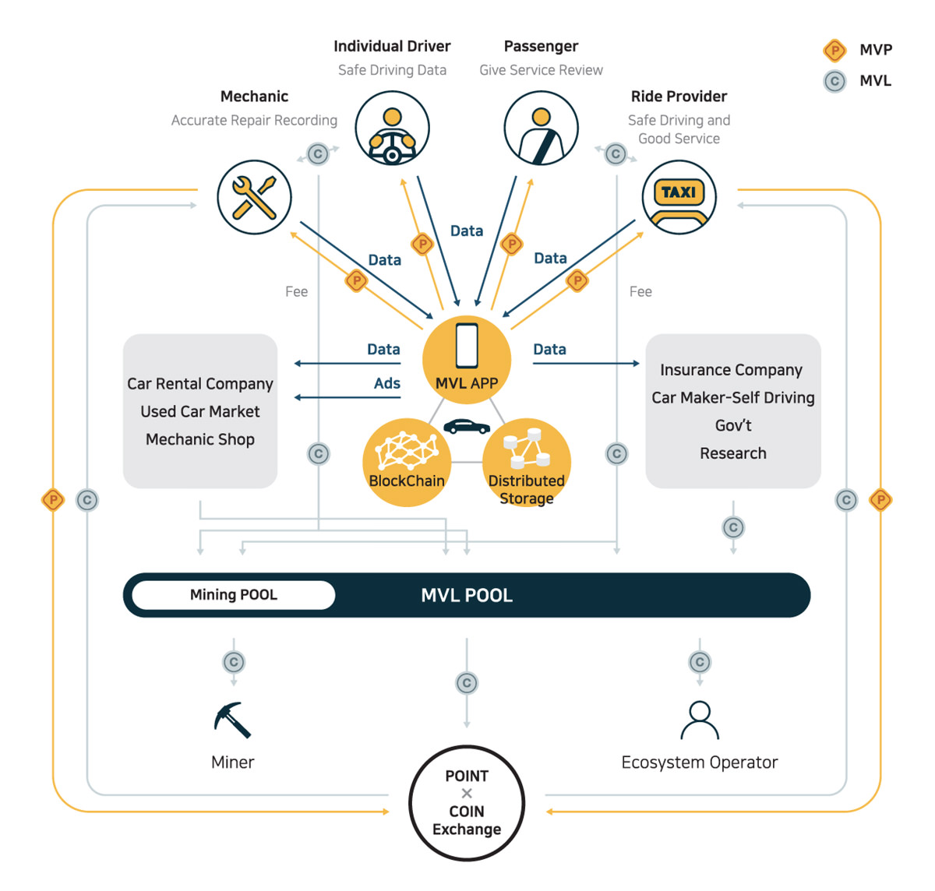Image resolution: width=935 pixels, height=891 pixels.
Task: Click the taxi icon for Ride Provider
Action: pos(679,197)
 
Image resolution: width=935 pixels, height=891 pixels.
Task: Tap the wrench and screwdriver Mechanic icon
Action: pos(254,197)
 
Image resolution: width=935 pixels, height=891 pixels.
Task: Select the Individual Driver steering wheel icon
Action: pos(392,128)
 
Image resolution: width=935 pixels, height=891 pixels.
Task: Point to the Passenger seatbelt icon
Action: pos(541,128)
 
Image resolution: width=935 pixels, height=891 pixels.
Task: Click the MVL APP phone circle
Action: pos(467,360)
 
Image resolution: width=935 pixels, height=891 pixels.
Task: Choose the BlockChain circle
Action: pos(407,462)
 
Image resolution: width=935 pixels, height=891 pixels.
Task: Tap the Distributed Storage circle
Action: pos(527,462)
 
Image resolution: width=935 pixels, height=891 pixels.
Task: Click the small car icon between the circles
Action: pos(467,426)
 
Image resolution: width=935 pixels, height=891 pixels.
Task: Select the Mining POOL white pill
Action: pos(233,594)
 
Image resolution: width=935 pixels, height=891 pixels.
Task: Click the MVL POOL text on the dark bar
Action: pos(467,595)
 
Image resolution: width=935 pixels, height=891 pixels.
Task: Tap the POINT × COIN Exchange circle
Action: pos(467,802)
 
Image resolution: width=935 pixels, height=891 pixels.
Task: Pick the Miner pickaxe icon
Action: pos(232,720)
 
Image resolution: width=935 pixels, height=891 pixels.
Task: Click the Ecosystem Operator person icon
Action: pos(699,720)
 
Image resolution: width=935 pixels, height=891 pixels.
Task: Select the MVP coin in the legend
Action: pos(834,51)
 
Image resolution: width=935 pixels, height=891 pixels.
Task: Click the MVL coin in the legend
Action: pos(834,81)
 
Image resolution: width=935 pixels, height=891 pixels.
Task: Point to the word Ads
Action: pos(386,382)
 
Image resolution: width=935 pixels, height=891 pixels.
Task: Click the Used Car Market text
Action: pos(199,411)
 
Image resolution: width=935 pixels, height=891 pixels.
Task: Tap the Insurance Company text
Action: pos(731,369)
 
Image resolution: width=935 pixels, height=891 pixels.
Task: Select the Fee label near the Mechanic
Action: pos(296,291)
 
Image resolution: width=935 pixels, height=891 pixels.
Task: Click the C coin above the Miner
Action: pos(234,662)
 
